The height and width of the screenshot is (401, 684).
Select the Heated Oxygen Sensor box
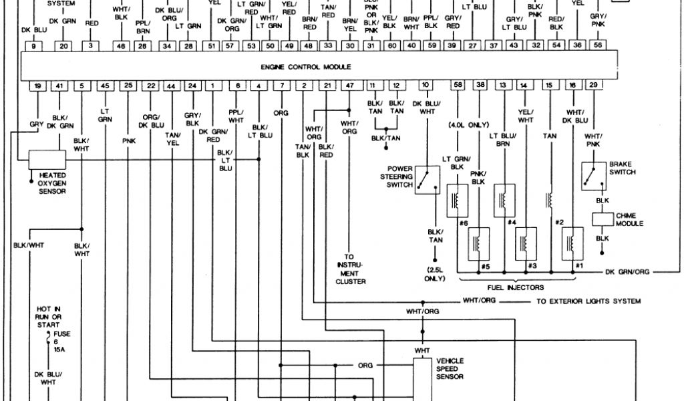coord(47,160)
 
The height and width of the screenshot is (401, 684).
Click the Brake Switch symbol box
coord(592,175)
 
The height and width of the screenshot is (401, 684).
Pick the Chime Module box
coord(603,219)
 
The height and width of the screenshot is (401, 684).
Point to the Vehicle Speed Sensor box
coord(422,374)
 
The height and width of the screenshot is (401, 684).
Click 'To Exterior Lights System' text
coord(588,301)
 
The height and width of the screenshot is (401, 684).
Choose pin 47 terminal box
coord(350,86)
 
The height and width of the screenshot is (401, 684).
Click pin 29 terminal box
coord(593,86)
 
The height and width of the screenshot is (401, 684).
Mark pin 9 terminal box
coord(37,46)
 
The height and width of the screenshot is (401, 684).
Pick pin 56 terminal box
coord(598,46)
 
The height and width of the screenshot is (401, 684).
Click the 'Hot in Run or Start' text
coord(49,315)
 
